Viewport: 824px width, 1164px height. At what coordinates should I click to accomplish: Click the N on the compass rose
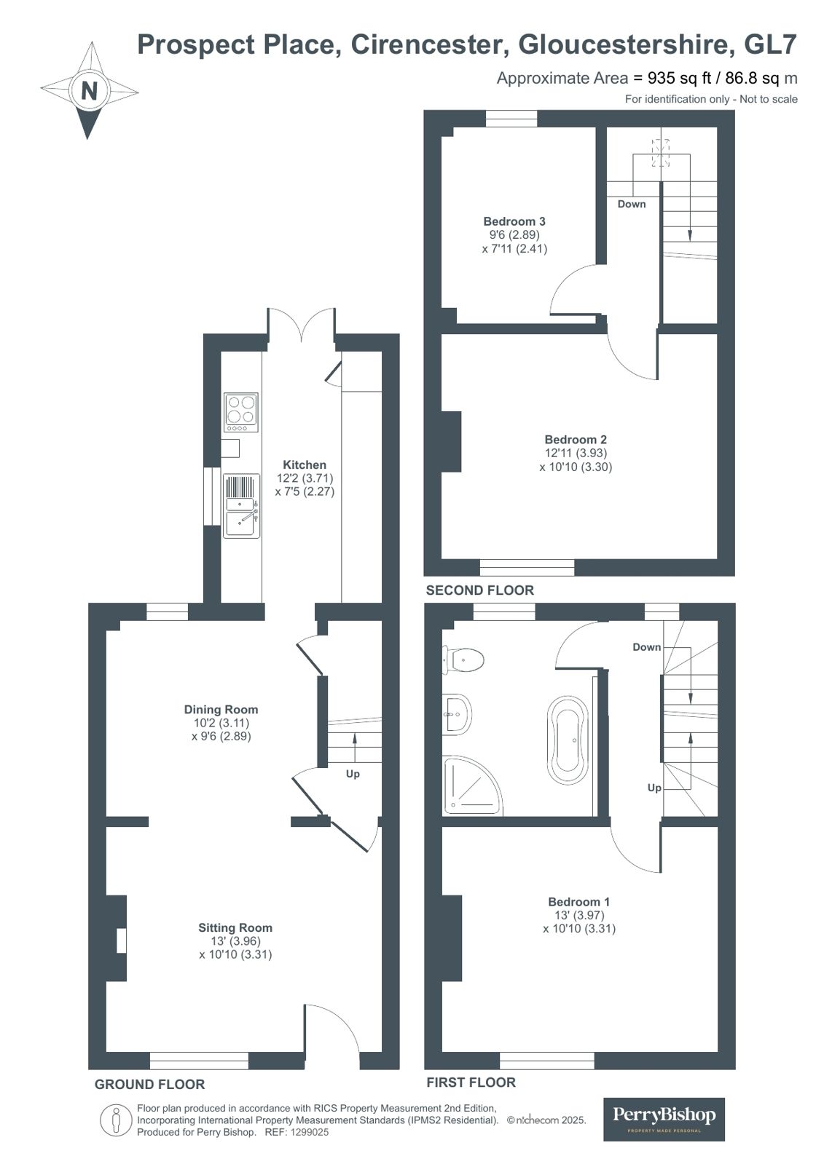tap(89, 92)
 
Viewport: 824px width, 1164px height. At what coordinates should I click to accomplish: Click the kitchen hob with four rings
tap(241, 412)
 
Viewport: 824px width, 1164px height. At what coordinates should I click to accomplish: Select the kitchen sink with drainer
tap(241, 506)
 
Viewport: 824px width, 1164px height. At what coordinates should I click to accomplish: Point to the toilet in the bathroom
tap(463, 660)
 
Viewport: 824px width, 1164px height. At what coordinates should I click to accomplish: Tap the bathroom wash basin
tap(457, 714)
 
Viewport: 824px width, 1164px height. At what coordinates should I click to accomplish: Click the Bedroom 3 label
tap(514, 221)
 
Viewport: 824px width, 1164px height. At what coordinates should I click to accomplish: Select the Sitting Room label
tap(235, 927)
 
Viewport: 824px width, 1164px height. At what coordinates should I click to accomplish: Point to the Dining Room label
tap(221, 709)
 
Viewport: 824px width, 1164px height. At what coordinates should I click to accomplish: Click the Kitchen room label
tap(305, 464)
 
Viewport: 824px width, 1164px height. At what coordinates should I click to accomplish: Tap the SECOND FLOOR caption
tap(479, 590)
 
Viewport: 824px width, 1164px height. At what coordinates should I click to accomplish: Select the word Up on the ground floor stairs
tap(353, 775)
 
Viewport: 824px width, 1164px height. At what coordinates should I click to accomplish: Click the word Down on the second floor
tap(632, 205)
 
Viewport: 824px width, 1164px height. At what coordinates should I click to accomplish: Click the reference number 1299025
tap(310, 1132)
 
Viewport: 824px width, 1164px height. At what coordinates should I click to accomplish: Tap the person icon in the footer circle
tap(116, 1121)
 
